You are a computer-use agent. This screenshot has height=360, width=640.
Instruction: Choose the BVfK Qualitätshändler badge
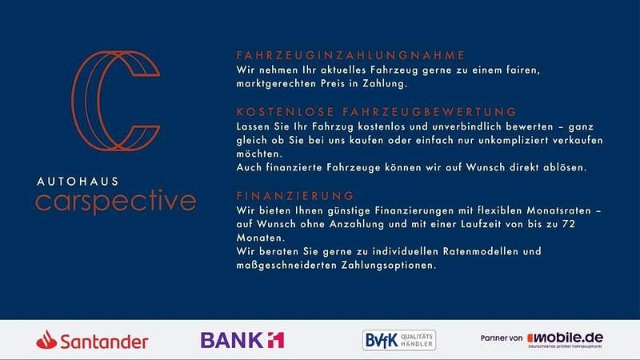pos(398,341)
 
